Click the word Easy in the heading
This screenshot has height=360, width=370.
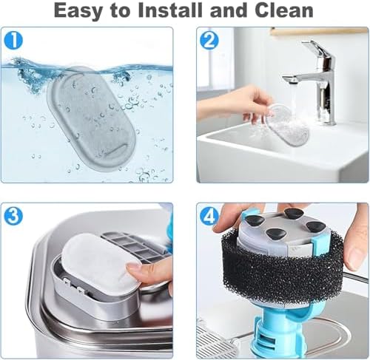78,11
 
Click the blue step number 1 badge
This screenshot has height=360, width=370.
13,40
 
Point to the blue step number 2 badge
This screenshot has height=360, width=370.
209,41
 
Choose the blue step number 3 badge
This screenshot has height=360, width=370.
13,215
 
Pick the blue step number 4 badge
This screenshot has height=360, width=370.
209,216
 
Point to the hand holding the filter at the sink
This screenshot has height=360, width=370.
235,103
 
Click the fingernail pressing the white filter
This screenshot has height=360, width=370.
134,268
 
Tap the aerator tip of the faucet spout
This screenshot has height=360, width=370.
290,81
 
